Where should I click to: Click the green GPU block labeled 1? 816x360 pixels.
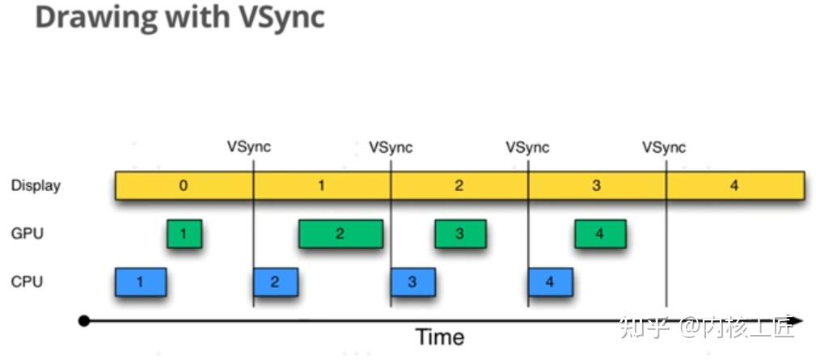click(184, 234)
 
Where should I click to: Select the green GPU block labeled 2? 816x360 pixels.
click(340, 234)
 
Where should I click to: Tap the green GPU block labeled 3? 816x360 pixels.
click(459, 234)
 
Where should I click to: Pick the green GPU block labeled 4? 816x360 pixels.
click(600, 234)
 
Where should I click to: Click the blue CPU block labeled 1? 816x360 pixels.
click(141, 282)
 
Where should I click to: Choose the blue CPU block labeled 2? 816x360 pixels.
click(276, 282)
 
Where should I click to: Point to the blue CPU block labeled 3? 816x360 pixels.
click(412, 282)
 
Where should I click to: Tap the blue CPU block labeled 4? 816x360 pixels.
click(550, 282)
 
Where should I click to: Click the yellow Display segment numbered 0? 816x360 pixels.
click(184, 185)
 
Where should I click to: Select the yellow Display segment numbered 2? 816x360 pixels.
click(459, 185)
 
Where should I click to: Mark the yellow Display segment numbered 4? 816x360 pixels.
click(734, 185)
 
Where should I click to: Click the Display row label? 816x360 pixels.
click(36, 185)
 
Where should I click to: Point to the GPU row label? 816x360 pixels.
click(27, 234)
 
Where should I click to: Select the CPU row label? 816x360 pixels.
click(27, 282)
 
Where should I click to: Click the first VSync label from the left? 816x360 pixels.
click(249, 147)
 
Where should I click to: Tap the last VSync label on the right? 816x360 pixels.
click(664, 147)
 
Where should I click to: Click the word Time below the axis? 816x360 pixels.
click(440, 337)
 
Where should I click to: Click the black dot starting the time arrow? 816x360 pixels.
click(84, 321)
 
